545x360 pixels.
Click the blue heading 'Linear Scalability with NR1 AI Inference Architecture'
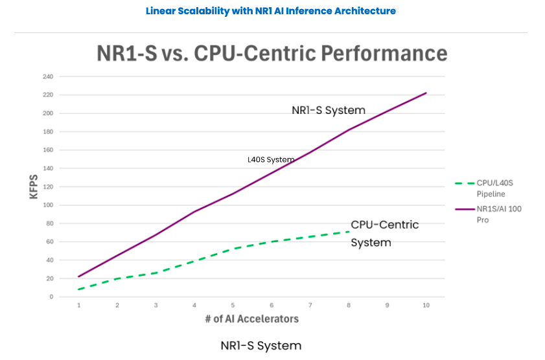[270, 11]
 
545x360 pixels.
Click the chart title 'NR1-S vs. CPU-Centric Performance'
[272, 52]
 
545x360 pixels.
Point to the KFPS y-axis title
[34, 186]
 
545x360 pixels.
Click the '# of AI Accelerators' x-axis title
[253, 319]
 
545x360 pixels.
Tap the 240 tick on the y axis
[47, 76]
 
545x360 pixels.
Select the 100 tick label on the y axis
[47, 205]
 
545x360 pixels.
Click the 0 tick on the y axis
[51, 297]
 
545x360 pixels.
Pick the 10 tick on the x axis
[426, 305]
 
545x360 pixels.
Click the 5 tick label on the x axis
[233, 305]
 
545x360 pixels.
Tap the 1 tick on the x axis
[79, 305]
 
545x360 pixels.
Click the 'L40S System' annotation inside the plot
[271, 159]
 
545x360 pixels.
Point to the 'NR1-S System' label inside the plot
[328, 110]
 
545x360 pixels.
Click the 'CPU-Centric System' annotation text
[384, 234]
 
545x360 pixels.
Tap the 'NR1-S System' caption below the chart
[261, 345]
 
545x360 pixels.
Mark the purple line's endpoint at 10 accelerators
[426, 93]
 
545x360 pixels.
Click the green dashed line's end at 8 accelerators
[349, 231]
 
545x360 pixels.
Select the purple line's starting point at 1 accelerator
[79, 276]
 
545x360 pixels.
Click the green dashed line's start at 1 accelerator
[79, 289]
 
